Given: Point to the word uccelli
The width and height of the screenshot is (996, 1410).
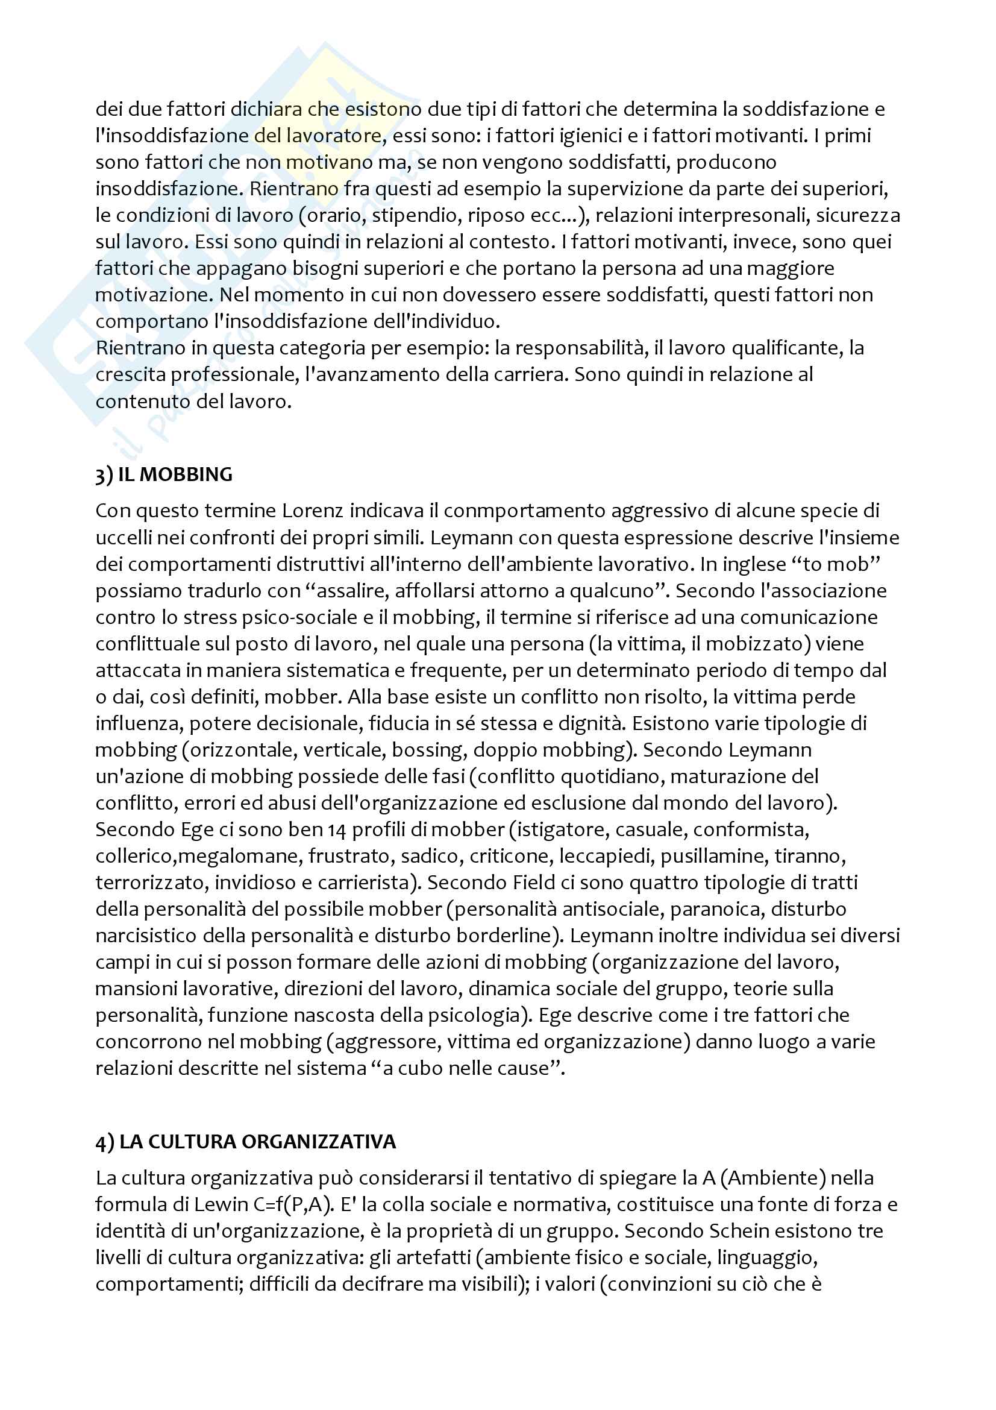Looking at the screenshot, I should pyautogui.click(x=124, y=537).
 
